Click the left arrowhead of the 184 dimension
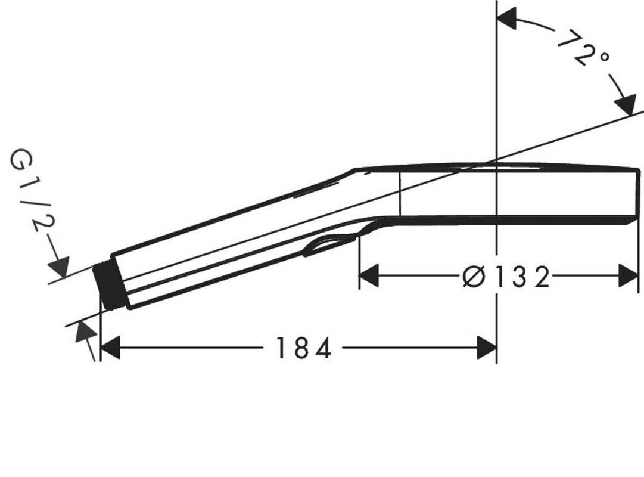[110, 348]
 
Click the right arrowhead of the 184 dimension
[487, 348]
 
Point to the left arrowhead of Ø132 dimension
[369, 276]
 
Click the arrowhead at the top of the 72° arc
[506, 18]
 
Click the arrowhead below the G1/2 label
[60, 266]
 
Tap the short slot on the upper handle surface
[316, 190]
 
